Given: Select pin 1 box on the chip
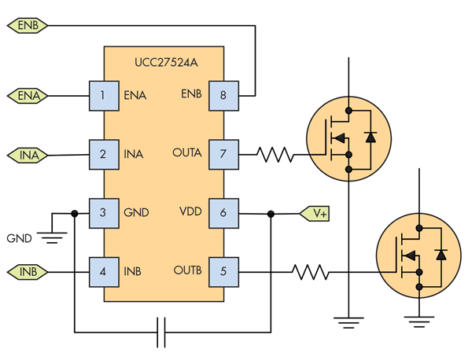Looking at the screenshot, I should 103,96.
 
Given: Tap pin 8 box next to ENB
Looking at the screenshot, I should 223,96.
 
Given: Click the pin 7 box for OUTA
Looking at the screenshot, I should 223,154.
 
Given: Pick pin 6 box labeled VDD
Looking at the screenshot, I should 223,213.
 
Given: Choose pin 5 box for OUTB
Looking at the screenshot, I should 223,272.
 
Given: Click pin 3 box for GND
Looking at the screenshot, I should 103,213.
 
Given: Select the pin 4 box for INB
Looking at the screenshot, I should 103,272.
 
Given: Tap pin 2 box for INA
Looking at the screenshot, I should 103,154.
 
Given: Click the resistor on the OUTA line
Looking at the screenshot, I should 275,154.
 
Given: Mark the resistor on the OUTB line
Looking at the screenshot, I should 310,273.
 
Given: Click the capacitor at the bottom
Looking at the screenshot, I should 162,332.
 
